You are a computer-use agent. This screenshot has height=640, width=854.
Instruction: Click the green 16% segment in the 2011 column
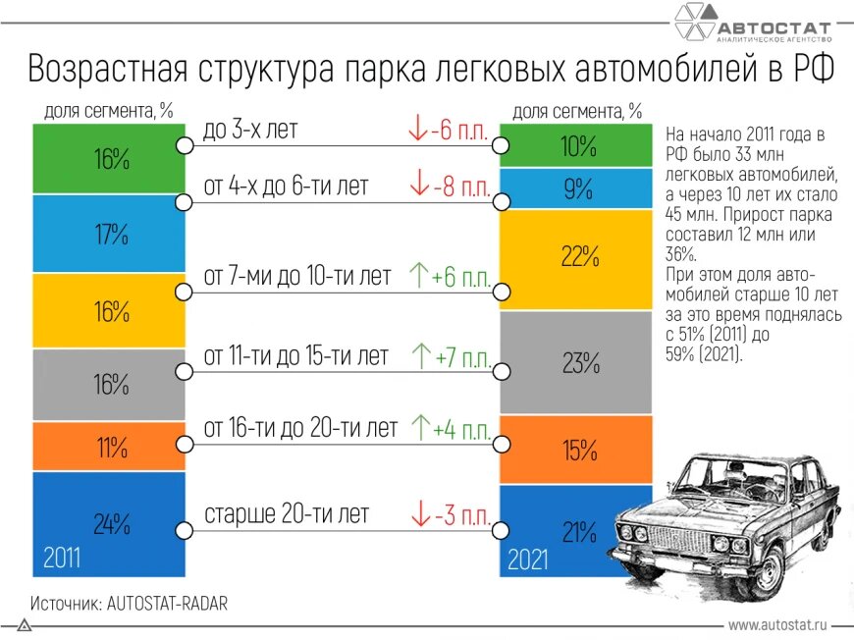(109, 158)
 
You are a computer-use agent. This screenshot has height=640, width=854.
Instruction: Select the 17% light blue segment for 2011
(109, 234)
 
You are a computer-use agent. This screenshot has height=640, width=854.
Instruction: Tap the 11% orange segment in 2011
(109, 448)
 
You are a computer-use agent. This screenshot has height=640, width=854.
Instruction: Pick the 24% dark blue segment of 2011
(109, 522)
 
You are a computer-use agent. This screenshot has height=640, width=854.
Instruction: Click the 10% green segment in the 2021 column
(576, 146)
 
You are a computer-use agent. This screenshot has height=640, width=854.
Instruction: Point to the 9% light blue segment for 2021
(576, 188)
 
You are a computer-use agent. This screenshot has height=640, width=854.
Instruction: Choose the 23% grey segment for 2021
(576, 363)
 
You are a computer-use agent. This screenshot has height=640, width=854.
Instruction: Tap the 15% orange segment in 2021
(576, 450)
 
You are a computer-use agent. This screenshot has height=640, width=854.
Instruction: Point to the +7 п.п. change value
(460, 357)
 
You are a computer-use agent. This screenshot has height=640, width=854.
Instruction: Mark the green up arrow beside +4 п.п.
(419, 428)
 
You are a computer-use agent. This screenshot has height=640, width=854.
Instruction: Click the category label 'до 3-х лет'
(249, 130)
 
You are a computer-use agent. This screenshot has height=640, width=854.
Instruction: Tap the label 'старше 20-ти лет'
(287, 513)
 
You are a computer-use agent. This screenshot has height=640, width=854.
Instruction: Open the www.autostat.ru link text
(777, 623)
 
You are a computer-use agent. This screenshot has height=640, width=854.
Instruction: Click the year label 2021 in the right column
(527, 560)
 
